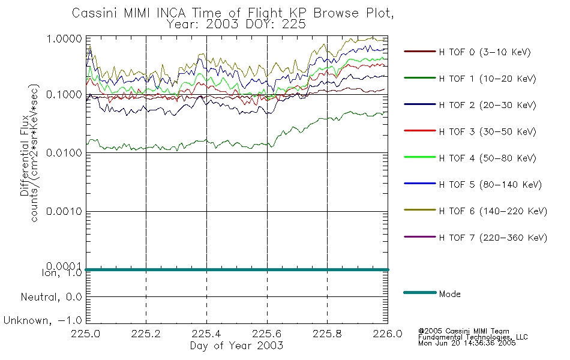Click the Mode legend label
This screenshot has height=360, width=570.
(449, 294)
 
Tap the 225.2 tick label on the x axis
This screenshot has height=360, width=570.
(146, 334)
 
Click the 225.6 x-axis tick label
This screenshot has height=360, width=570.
(267, 334)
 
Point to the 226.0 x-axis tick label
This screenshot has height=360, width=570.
(388, 334)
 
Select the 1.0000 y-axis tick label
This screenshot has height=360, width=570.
(64, 38)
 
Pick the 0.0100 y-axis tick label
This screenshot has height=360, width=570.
(64, 153)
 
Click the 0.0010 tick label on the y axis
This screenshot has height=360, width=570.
(64, 211)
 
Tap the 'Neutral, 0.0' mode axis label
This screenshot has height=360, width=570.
(51, 297)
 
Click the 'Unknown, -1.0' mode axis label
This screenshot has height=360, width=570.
(43, 320)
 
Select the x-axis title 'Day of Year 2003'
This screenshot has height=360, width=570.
(236, 346)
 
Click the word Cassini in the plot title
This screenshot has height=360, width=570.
(95, 13)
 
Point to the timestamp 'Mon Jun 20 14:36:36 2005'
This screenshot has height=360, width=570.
(467, 343)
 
